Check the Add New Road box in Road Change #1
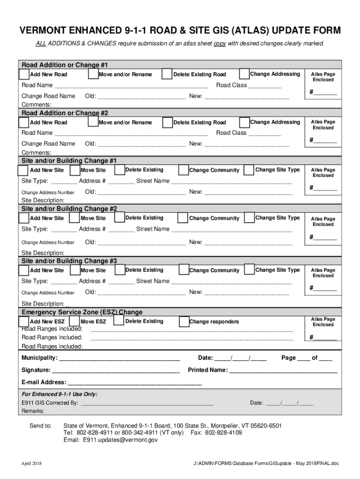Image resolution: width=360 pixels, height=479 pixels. tap(24, 74)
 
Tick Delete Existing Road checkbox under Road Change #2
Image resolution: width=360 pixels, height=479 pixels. tap(167, 123)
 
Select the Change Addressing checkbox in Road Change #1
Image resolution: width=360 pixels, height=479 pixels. tap(244, 74)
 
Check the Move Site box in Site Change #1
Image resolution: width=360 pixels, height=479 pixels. tap(74, 170)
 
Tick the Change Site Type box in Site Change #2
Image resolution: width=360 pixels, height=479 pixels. tap(249, 218)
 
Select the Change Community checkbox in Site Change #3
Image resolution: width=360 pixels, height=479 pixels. tap(183, 270)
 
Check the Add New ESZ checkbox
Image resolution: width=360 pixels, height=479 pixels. tap(24, 321)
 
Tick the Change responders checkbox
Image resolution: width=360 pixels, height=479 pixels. tap(183, 321)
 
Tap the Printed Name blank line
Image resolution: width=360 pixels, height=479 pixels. tap(283, 370)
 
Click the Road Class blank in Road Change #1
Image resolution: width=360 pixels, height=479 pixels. tap(265, 86)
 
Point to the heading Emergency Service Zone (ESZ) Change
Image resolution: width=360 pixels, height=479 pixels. tap(82, 312)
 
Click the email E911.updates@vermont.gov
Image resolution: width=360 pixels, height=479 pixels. tap(121, 440)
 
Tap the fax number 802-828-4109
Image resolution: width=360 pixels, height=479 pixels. tap(223, 433)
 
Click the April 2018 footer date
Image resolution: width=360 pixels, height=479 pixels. tap(31, 464)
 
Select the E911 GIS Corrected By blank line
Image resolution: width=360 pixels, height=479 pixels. tap(147, 403)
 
